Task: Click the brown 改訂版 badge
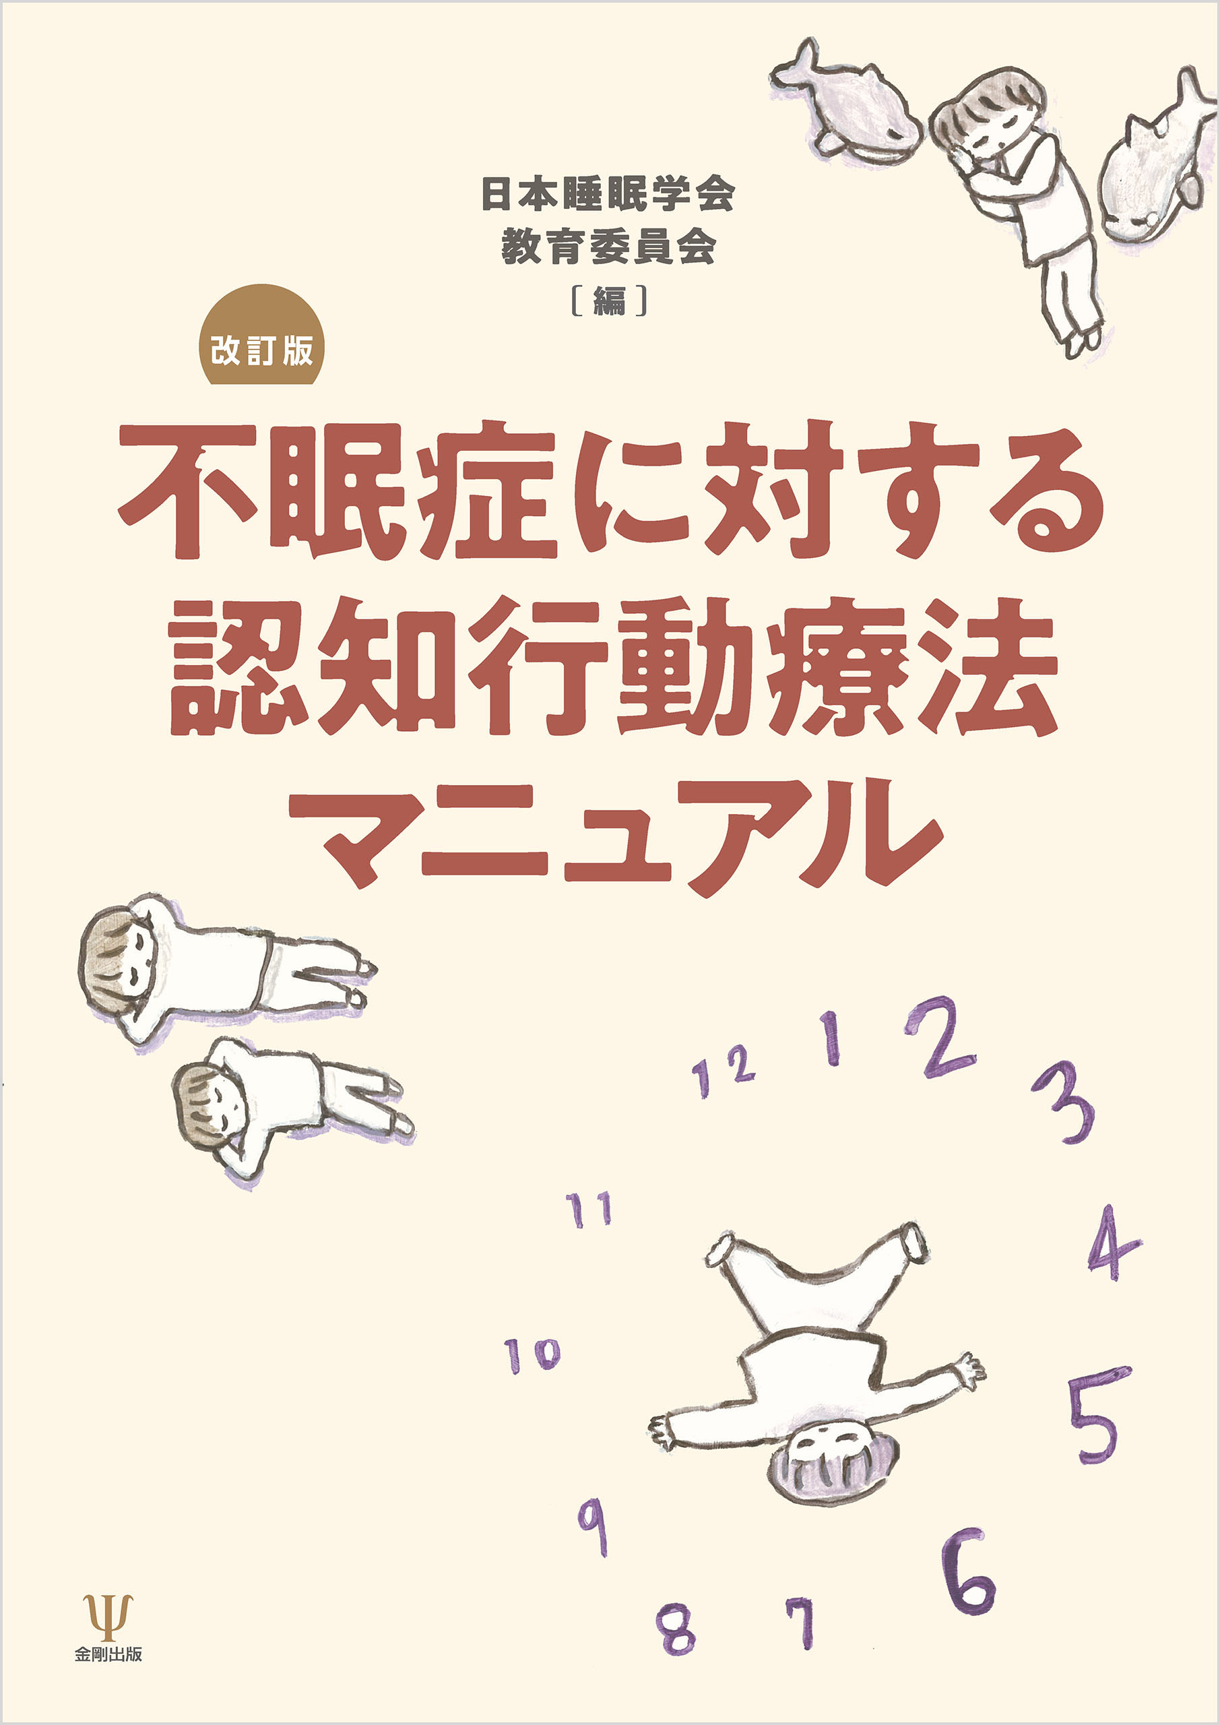click(x=261, y=334)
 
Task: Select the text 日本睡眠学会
click(x=608, y=195)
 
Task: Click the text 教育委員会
click(x=608, y=247)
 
